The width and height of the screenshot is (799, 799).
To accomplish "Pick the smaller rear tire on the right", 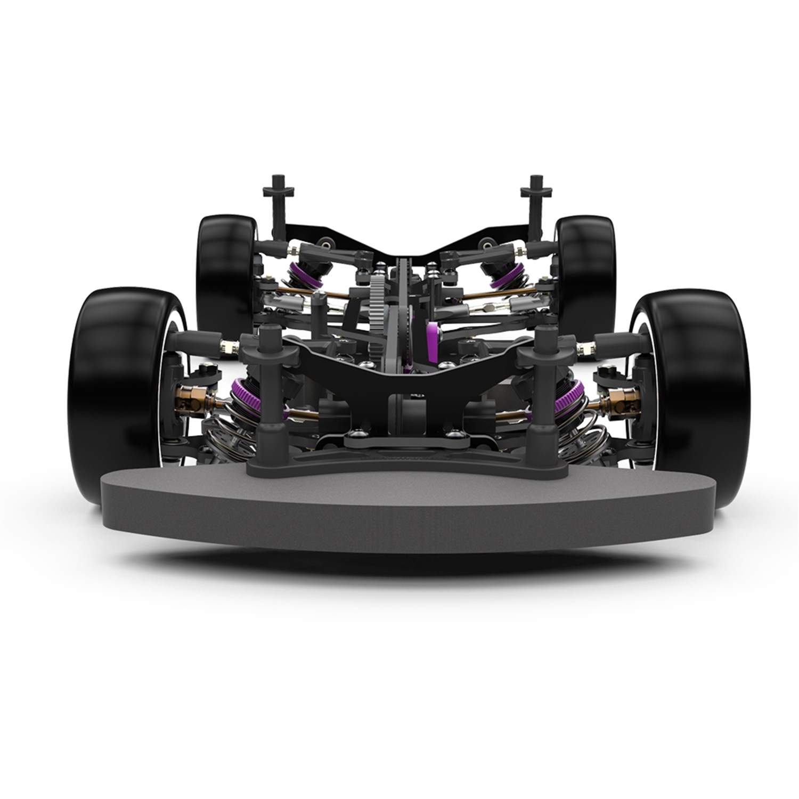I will point(586,266).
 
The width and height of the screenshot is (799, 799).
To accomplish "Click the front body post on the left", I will point(266,384).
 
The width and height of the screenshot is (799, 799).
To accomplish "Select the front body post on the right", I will point(543,384).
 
